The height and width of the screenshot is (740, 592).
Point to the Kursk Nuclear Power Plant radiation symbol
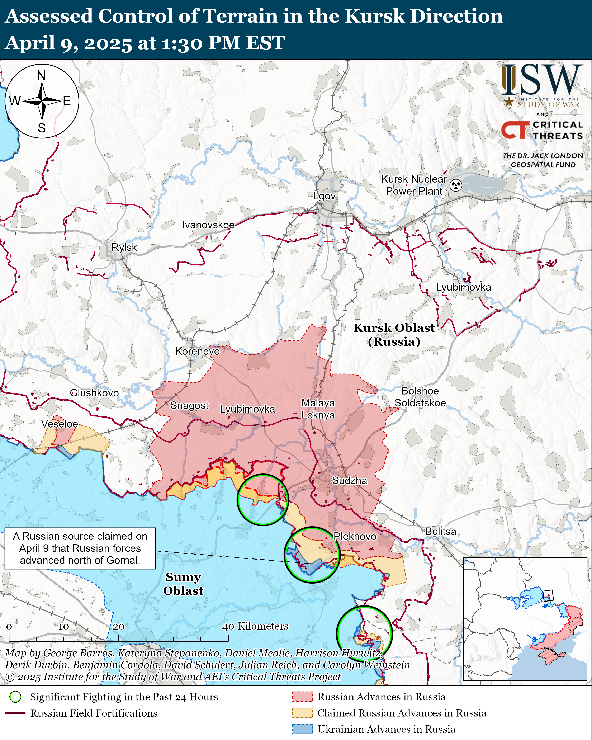456,185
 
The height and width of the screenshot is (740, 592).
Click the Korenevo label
197,351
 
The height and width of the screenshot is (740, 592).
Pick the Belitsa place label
441,531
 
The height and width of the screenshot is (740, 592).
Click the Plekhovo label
355,536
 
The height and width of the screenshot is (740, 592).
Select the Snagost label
189,405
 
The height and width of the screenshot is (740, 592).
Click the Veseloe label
60,424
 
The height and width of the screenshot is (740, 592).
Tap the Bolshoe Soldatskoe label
420,397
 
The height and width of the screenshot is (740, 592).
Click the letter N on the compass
41,75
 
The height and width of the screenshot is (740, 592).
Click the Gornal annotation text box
80,548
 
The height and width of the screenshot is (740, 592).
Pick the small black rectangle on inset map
548,595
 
